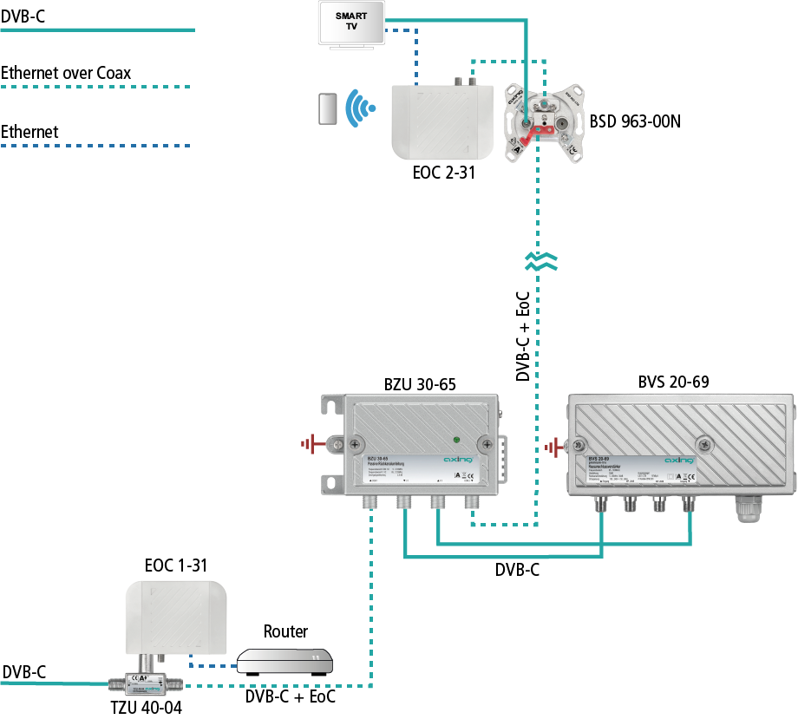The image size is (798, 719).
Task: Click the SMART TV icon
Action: click(x=352, y=23)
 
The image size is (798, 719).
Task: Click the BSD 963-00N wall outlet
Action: click(x=544, y=121)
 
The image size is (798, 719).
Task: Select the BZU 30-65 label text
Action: click(x=420, y=382)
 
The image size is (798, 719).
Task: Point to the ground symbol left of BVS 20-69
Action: click(x=553, y=448)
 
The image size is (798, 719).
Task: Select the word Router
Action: click(x=285, y=631)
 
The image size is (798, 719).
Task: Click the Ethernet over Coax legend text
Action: click(x=66, y=73)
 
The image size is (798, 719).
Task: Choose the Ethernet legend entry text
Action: click(x=29, y=132)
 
